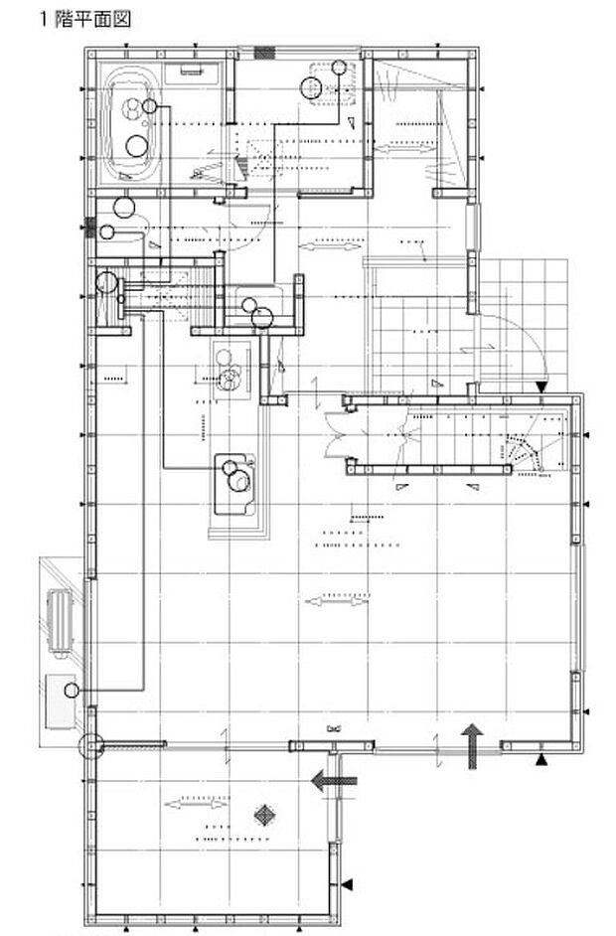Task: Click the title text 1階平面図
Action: point(84,19)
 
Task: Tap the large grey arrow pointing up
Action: point(473,745)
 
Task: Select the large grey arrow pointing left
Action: point(334,780)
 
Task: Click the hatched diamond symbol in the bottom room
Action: point(263,815)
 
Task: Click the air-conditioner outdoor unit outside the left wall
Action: point(60,622)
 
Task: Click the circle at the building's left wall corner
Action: point(90,745)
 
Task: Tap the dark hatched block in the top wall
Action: point(264,53)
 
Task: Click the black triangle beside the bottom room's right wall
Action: point(347,884)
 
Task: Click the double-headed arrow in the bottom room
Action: point(196,804)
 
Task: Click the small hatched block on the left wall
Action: point(91,227)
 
